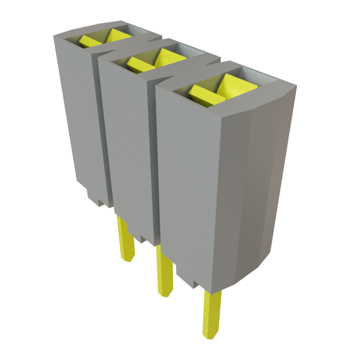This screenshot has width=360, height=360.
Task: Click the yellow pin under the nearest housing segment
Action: pyautogui.click(x=212, y=313)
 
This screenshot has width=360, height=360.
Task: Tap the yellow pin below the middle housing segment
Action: pyautogui.click(x=165, y=271)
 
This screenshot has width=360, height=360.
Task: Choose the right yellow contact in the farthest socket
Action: pyautogui.click(x=117, y=36)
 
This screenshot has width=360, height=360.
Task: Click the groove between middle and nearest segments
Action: pyautogui.click(x=154, y=158)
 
